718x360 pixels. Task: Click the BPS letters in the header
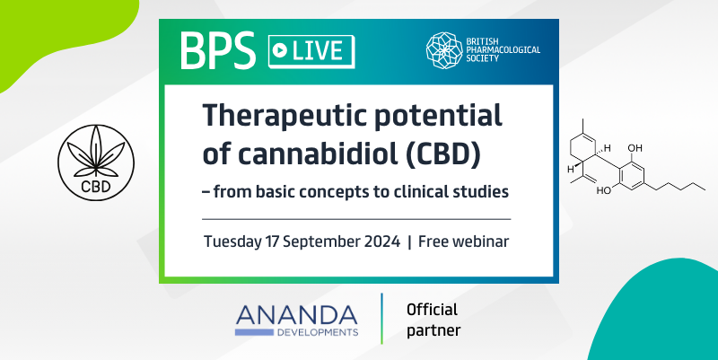click(218, 50)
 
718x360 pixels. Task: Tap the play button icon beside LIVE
click(279, 51)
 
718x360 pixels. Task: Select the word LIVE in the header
click(318, 51)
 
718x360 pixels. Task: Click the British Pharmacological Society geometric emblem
click(443, 50)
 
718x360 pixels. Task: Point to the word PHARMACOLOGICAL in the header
click(503, 50)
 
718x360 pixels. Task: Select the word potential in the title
click(439, 117)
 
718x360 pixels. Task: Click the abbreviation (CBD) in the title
click(443, 154)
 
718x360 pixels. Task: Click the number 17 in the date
click(272, 241)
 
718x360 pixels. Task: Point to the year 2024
click(382, 241)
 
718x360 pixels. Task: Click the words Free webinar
click(463, 241)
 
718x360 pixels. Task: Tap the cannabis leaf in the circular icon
click(96, 152)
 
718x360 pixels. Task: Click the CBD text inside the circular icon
click(96, 187)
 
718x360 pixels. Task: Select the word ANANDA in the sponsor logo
click(297, 316)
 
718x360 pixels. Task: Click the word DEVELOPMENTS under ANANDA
click(318, 332)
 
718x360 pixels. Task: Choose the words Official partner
click(433, 320)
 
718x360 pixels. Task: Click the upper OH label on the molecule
click(635, 148)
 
